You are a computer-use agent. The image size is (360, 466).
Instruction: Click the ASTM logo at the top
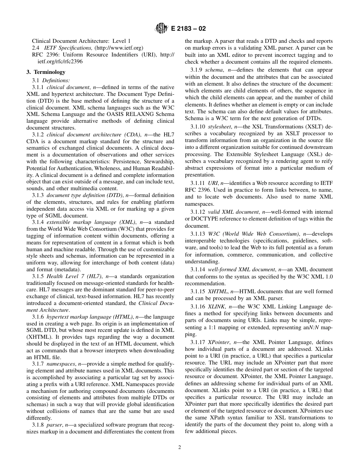[161, 28]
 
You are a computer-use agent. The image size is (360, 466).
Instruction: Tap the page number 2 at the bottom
[180, 447]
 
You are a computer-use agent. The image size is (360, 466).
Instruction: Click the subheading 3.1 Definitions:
[51, 80]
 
